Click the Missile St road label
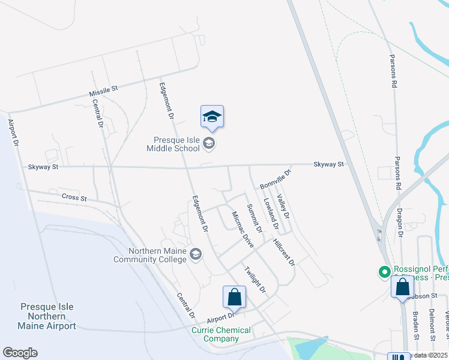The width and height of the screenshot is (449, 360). pyautogui.click(x=103, y=91)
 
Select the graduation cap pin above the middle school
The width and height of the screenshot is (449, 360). pyautogui.click(x=212, y=116)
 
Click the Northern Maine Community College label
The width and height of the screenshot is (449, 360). pyautogui.click(x=151, y=255)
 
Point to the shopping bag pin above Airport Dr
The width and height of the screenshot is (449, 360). pyautogui.click(x=234, y=298)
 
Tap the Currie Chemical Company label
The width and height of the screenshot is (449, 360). pyautogui.click(x=221, y=334)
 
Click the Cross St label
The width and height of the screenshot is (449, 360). pyautogui.click(x=74, y=197)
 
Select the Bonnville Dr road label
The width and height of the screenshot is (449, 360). pyautogui.click(x=275, y=179)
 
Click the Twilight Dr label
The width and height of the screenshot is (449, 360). pyautogui.click(x=255, y=279)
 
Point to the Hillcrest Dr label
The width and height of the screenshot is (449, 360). pyautogui.click(x=284, y=252)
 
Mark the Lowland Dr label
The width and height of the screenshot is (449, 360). pyautogui.click(x=271, y=215)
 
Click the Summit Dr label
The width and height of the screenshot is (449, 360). pyautogui.click(x=255, y=218)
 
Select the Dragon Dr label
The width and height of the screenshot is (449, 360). pyautogui.click(x=400, y=223)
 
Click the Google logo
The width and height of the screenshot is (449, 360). pyautogui.click(x=20, y=353)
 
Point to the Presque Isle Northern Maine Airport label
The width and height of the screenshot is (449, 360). pyautogui.click(x=47, y=316)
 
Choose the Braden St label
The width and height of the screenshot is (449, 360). pyautogui.click(x=415, y=325)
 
